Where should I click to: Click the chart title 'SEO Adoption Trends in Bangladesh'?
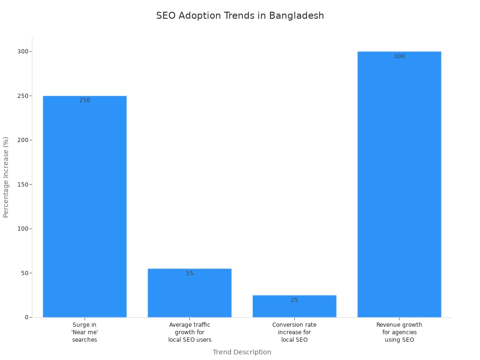240,15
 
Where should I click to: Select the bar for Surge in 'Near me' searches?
85,206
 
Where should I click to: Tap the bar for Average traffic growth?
189,293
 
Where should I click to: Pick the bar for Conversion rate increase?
294,307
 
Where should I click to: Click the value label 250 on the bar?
85,100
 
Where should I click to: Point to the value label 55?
189,273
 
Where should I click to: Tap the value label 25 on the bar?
294,300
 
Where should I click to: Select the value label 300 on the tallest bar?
399,56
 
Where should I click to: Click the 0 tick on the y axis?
26,317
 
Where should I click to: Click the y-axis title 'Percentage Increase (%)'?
6,177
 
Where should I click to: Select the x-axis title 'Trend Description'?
242,352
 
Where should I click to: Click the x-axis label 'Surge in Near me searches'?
85,332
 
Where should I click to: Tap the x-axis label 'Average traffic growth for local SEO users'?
189,332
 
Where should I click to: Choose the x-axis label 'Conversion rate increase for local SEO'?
294,332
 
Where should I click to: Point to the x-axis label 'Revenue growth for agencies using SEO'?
399,332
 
